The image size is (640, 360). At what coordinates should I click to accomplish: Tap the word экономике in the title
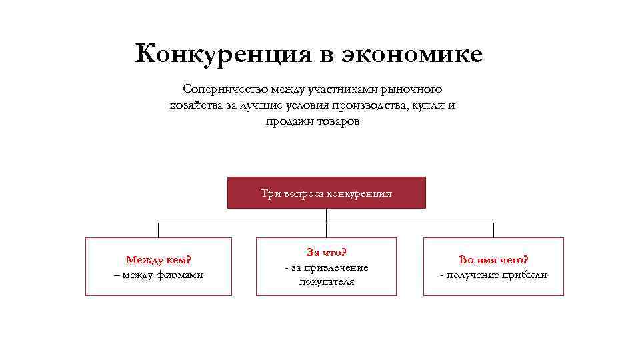pos(412,53)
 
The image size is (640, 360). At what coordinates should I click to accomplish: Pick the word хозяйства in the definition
pos(195,106)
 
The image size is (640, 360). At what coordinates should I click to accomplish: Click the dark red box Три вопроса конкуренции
pos(326,193)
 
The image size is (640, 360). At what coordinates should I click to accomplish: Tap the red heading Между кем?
pos(159,259)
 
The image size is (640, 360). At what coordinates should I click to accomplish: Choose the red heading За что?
pos(326,253)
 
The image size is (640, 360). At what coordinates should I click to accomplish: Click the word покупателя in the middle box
pos(326,281)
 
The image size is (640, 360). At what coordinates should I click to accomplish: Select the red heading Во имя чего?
pos(493,259)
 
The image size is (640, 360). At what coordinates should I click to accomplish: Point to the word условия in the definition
pos(301,106)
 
